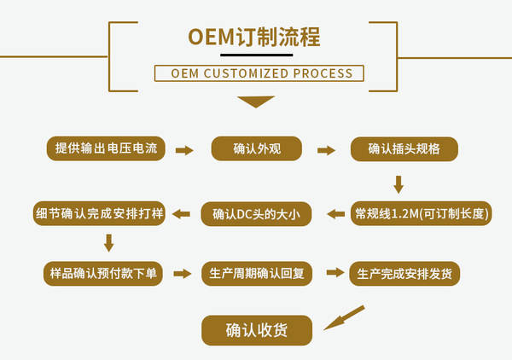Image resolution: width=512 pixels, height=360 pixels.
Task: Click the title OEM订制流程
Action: (254, 37)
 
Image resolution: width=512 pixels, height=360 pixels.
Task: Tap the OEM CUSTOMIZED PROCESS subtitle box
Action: (259, 73)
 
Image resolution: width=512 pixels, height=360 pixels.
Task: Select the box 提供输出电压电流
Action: (106, 148)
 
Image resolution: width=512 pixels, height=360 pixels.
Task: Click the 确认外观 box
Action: (257, 148)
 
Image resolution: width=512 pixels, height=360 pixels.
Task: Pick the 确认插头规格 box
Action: (404, 148)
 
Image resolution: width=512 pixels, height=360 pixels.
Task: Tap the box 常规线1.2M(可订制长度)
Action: (422, 213)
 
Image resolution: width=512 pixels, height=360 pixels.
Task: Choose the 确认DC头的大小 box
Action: (256, 214)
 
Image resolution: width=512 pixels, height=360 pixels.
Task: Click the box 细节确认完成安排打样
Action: (99, 213)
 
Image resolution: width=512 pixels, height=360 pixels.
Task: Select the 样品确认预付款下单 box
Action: (103, 274)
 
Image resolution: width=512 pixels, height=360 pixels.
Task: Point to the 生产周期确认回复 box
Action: (257, 274)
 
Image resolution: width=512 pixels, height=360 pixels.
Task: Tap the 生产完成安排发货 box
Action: (404, 274)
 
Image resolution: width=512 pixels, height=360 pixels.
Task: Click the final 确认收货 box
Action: (257, 330)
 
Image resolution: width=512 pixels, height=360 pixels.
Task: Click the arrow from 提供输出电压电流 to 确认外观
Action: (184, 150)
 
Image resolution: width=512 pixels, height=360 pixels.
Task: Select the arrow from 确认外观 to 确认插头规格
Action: (326, 150)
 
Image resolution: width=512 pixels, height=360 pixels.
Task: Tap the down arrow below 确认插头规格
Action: (399, 185)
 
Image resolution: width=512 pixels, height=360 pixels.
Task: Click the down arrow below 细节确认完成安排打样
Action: (108, 243)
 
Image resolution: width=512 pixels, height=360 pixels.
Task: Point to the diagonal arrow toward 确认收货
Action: (344, 317)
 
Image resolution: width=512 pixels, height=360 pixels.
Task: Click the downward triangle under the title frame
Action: (256, 102)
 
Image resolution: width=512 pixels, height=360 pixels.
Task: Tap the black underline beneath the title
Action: (256, 55)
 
